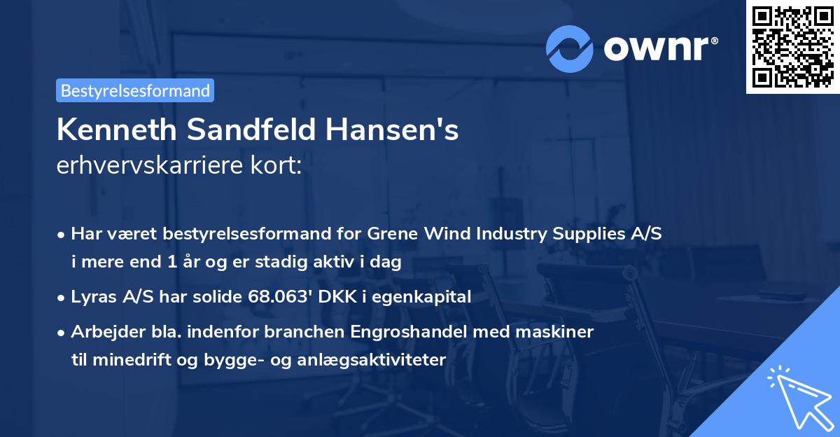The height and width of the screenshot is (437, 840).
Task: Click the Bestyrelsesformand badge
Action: point(134,90)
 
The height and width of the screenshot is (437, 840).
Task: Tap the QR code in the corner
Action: point(792,46)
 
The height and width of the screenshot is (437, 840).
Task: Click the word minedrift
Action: point(127,360)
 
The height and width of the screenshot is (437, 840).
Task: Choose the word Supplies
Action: point(586,234)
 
